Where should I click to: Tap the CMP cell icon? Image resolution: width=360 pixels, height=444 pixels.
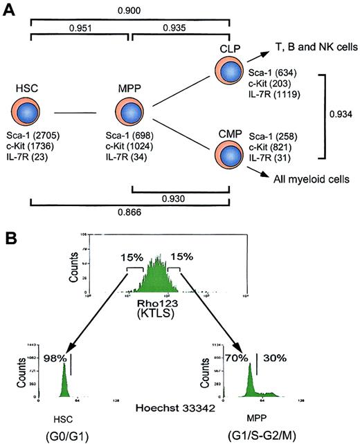[233, 154]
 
